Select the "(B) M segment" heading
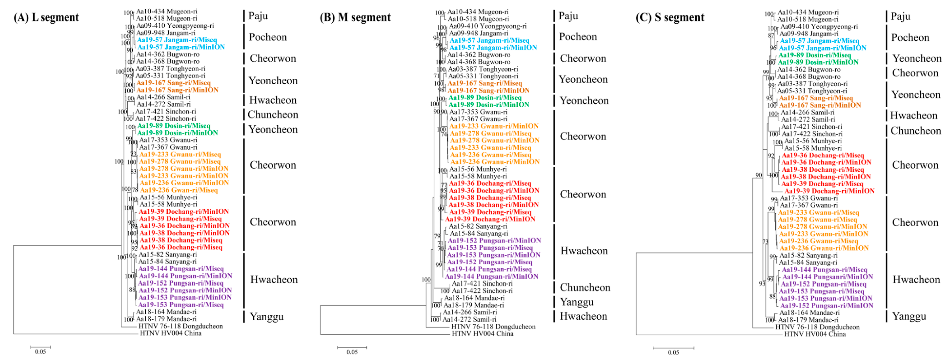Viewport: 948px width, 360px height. coord(355,17)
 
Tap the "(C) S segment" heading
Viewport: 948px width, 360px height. coord(670,17)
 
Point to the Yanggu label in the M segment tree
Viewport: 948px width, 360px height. coord(577,302)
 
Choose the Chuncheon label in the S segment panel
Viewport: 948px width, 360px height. coord(916,131)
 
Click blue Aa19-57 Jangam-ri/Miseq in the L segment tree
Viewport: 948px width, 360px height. coord(177,40)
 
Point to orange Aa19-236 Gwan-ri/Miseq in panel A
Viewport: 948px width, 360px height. coord(179,190)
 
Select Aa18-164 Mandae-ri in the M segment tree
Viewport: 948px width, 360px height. coord(474,298)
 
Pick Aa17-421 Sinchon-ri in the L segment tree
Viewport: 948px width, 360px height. coord(166,111)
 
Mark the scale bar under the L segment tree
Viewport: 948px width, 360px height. coord(40,347)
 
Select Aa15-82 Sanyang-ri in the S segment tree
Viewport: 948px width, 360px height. coord(808,255)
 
